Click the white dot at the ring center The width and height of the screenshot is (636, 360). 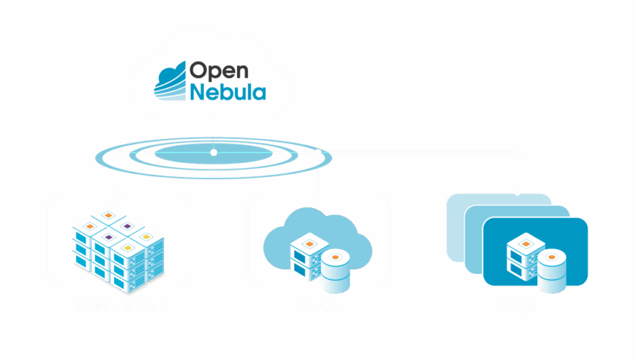coord(214,153)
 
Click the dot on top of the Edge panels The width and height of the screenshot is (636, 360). coord(517,193)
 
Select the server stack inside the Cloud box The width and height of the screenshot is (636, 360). coord(308,256)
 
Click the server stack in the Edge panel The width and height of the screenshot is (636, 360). coord(525,256)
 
